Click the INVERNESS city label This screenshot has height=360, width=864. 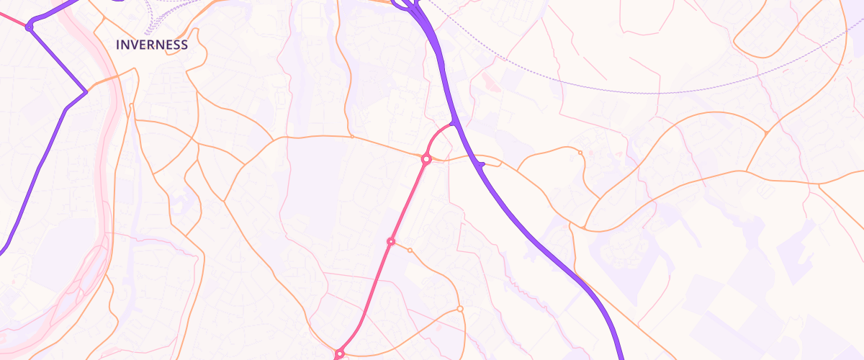click(152, 45)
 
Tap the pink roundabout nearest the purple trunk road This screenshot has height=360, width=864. click(426, 158)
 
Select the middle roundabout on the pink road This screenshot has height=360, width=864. click(391, 241)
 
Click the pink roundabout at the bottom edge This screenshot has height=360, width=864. click(339, 354)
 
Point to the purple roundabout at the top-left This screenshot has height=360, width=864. click(29, 27)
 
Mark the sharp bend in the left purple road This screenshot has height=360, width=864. click(86, 91)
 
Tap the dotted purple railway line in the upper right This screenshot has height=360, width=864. click(648, 92)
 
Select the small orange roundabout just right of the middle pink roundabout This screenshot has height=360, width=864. click(410, 250)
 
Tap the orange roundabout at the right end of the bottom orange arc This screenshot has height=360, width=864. click(460, 310)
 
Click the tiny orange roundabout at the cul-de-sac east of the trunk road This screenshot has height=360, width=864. click(580, 153)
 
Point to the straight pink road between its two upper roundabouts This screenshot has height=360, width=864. click(408, 200)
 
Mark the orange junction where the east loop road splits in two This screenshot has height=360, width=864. click(766, 133)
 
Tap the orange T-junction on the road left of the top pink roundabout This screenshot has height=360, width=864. click(351, 135)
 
